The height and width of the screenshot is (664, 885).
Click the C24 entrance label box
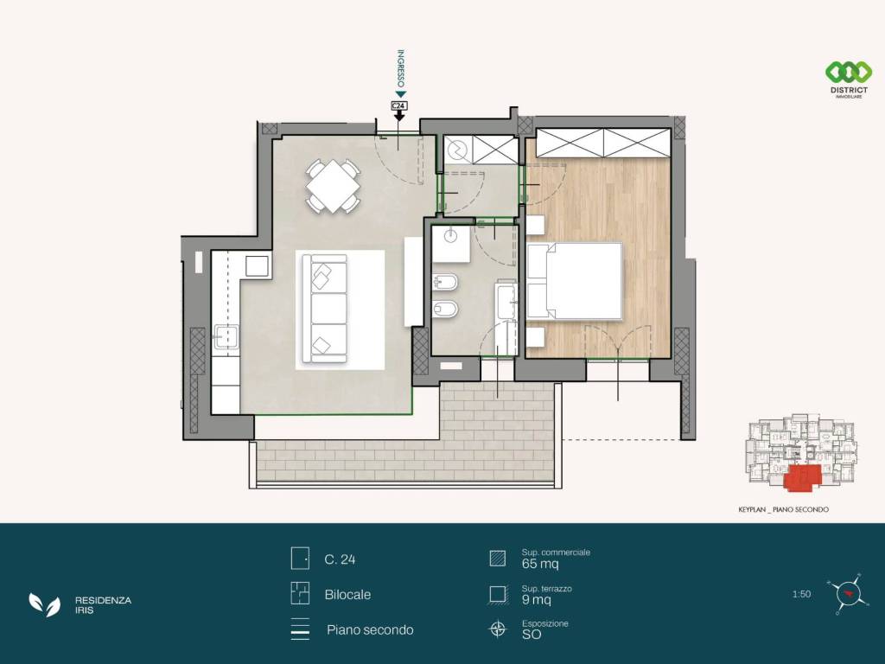[399, 105]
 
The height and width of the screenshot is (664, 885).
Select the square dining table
[334, 187]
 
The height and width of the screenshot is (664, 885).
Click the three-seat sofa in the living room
[325, 309]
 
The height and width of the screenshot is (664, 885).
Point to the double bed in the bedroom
[575, 281]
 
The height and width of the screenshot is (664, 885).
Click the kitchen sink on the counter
[226, 338]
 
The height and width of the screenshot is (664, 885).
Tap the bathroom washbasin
[451, 235]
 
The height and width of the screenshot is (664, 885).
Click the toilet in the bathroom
[445, 309]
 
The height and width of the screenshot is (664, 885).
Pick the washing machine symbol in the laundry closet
[458, 150]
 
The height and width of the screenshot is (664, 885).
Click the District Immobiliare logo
[849, 80]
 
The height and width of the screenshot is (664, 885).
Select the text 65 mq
[540, 564]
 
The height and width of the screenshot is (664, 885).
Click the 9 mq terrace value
[536, 600]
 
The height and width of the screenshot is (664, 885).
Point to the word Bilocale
[347, 595]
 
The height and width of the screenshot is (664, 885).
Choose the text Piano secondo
[370, 630]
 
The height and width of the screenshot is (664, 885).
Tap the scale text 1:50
[801, 594]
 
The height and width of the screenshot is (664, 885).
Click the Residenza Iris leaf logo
[45, 604]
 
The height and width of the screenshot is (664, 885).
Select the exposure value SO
[532, 635]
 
